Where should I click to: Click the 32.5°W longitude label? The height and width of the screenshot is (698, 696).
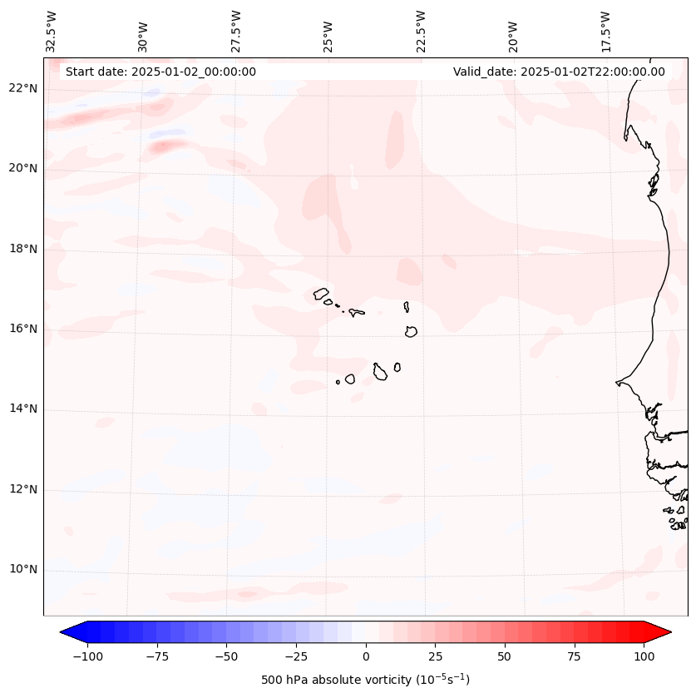52,32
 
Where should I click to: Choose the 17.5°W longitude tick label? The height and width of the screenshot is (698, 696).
605,32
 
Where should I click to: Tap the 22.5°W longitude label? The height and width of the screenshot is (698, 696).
421,32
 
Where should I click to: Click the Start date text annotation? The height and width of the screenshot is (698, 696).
160,72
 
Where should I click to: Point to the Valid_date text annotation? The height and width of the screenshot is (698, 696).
559,72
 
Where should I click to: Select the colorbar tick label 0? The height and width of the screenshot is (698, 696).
366,656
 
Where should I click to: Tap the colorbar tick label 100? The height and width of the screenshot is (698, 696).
644,656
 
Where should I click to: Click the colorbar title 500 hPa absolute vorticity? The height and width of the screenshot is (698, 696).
365,680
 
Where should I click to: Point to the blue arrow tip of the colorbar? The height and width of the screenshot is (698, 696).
68,632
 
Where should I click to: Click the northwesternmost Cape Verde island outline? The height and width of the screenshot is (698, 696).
321,293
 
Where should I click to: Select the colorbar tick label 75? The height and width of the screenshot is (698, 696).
575,656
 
